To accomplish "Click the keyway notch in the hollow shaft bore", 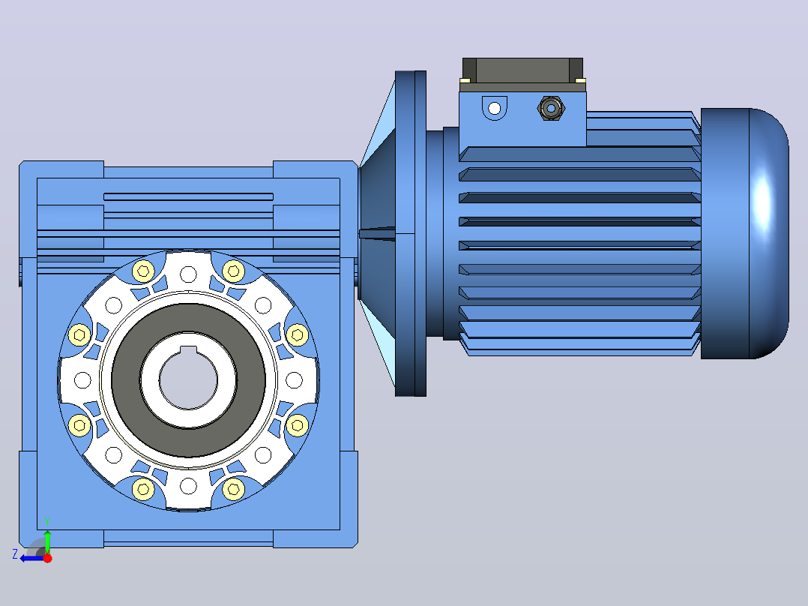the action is tap(189, 351).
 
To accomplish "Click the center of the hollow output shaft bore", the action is tap(189, 380).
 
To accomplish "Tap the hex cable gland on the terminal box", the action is tap(551, 108).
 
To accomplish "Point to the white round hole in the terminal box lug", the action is tap(494, 108).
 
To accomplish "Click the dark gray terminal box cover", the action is tap(522, 70).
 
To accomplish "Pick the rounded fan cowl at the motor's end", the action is tap(744, 233).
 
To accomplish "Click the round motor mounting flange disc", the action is tap(411, 233).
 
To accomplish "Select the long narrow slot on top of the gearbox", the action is tap(189, 196).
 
